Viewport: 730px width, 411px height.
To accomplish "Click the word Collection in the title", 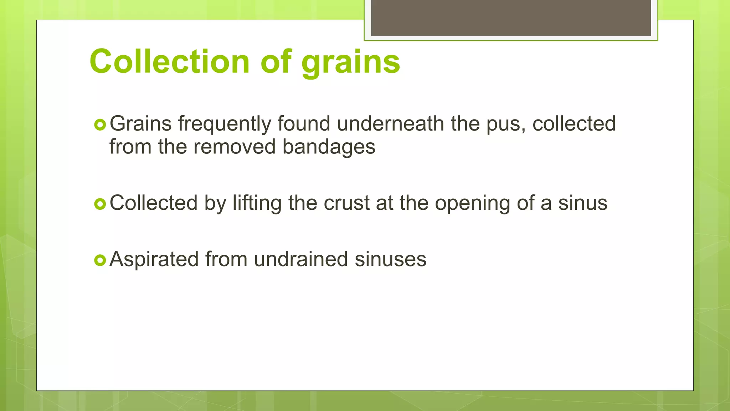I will pos(169,61).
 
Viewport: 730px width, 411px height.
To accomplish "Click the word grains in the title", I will pos(351,62).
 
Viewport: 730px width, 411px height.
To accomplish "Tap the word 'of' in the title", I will pos(276,61).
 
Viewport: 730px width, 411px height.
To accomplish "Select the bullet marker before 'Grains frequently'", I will pos(100,125).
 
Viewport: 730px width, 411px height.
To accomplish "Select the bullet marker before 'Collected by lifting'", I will pos(100,204).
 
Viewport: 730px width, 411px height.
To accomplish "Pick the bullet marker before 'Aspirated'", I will pos(100,260).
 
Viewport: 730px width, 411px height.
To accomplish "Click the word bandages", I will pos(329,147).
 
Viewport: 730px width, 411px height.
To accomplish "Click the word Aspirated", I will pos(154,259).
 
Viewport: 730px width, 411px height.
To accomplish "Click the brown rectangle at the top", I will pos(511,18).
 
